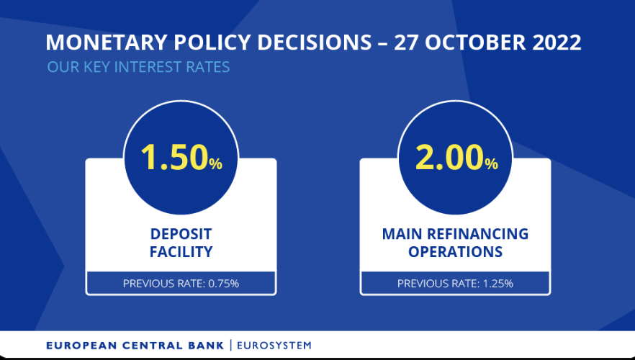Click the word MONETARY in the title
(106, 42)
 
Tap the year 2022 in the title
(557, 42)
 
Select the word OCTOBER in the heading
(475, 42)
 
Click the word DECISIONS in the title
(314, 42)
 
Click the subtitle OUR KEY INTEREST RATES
(138, 67)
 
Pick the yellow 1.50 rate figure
(174, 157)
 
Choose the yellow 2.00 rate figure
(449, 157)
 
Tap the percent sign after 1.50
(216, 163)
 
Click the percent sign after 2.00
(491, 163)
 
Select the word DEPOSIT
(181, 234)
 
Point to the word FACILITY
(181, 252)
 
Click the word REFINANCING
(478, 234)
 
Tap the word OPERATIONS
(455, 252)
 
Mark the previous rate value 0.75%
(223, 284)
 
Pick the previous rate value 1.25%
(498, 284)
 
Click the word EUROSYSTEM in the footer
(274, 346)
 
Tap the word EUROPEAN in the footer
(81, 346)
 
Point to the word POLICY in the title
(212, 42)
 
